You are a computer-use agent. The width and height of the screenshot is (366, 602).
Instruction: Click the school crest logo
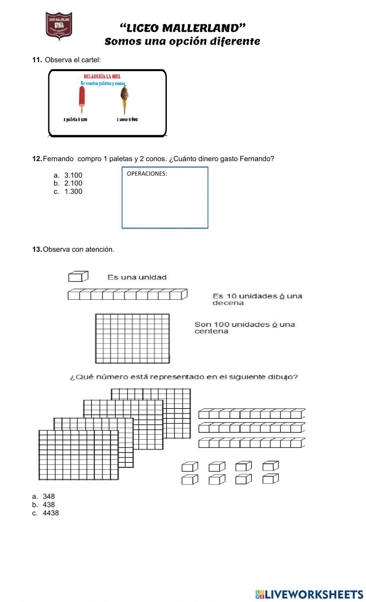pos(59,26)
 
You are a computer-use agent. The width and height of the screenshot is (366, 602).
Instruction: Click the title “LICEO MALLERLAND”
pos(182,28)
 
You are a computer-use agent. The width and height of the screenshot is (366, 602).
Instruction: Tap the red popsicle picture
pos(82,99)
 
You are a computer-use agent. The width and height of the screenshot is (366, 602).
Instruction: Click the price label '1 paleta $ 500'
pos(75,119)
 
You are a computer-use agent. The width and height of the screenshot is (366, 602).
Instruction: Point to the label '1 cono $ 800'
pos(127,119)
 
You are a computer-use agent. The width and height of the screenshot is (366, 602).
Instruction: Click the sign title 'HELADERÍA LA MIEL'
pos(102,77)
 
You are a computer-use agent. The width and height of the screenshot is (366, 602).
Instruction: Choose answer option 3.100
pos(73,175)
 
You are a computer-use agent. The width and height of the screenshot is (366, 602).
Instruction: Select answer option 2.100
pos(73,183)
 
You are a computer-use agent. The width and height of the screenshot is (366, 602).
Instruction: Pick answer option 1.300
pos(73,191)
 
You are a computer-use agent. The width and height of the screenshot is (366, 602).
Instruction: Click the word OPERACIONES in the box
pos(147,174)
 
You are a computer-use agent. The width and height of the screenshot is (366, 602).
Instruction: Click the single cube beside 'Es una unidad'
pos(78,276)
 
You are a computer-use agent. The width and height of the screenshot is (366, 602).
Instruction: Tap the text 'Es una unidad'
pos(137,277)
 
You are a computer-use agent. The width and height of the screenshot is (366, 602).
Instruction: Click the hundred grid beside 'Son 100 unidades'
pos(132,338)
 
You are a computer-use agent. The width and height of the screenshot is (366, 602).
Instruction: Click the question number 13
pos(37,250)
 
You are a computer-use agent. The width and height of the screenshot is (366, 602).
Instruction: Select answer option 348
pos(49,496)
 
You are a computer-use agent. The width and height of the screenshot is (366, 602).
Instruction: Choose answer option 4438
pos(51,513)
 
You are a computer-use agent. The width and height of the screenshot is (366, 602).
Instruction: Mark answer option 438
pos(49,505)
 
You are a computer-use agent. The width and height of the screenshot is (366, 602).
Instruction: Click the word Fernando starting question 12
pos(58,159)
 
